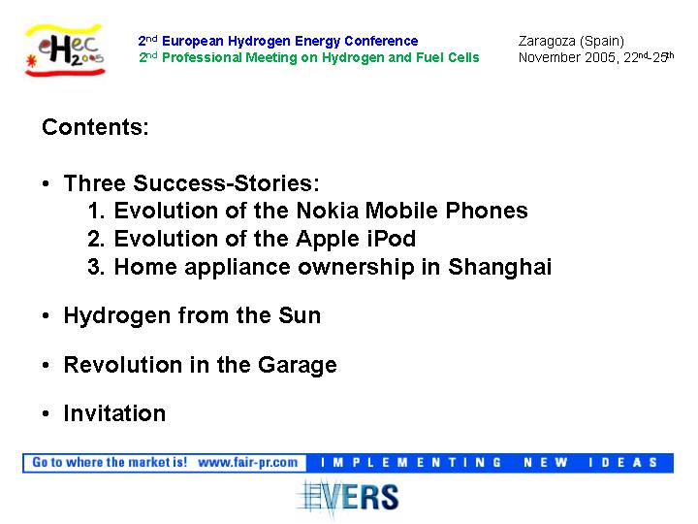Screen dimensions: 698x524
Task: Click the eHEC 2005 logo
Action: coord(65,49)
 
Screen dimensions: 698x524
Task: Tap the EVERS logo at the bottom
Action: coord(348,498)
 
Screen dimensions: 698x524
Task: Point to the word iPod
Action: coord(392,239)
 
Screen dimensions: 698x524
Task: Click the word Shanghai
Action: coord(499,268)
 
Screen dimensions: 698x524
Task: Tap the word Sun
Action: coord(300,315)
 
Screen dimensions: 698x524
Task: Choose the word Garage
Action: coord(297,366)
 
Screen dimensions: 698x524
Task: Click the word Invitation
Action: coord(114,413)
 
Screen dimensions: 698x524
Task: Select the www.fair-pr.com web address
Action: coord(247,463)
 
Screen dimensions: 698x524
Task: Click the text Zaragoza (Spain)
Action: coord(571,41)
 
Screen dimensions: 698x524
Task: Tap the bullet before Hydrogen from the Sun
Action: coord(46,316)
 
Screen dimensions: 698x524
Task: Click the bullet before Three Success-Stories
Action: coord(46,183)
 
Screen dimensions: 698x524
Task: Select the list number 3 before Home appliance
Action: coord(95,267)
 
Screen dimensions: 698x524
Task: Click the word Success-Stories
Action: coord(226,183)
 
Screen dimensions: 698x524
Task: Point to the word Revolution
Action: coord(123,365)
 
